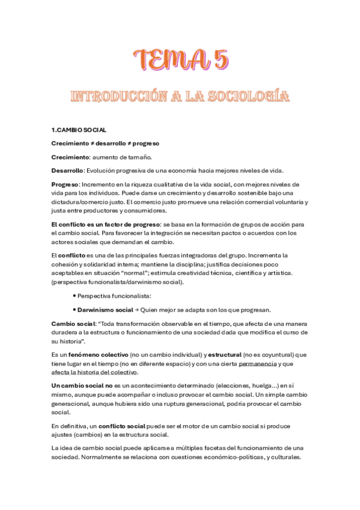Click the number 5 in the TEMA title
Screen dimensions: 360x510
(x=219, y=60)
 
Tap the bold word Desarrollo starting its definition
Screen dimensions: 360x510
(x=68, y=170)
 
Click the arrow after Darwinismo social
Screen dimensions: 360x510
(x=136, y=310)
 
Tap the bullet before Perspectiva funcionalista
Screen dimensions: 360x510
(x=73, y=296)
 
